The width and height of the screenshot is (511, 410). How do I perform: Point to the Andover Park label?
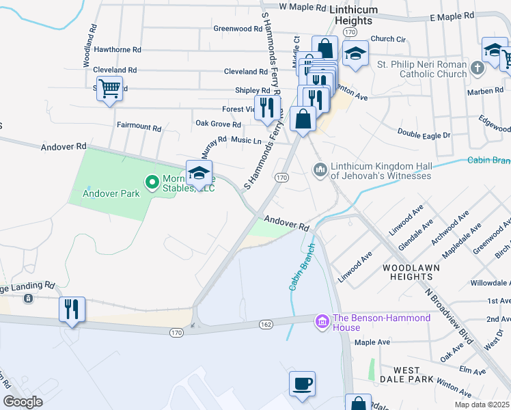tap(111, 193)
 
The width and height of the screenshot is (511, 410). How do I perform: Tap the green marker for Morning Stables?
tap(152, 181)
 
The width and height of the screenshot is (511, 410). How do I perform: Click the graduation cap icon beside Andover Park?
tap(199, 174)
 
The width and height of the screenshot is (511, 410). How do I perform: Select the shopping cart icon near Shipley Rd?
tap(109, 88)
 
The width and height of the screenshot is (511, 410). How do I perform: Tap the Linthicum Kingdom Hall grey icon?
tap(320, 169)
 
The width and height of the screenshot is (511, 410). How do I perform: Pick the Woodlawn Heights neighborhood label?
tap(408, 271)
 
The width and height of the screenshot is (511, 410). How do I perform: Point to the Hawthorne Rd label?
tap(118, 50)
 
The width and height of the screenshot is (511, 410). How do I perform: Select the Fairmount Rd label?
tap(139, 128)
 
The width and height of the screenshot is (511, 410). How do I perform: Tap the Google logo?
tap(23, 402)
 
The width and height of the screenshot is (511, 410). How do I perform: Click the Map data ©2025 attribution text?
tap(481, 405)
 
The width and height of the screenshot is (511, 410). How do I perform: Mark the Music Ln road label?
tap(246, 141)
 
